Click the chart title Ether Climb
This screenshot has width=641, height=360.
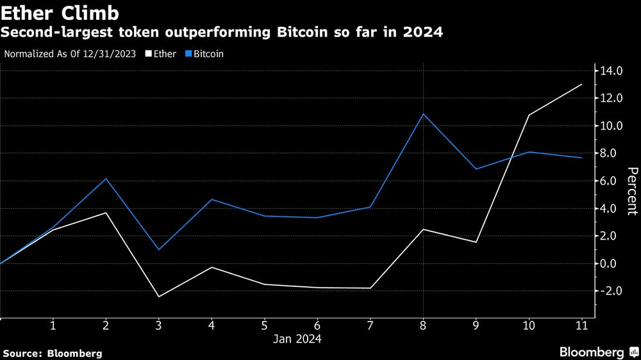coord(54,13)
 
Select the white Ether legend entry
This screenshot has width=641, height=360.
coord(161,54)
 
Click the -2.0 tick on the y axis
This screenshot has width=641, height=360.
coord(610,291)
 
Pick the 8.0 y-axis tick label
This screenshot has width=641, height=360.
coord(611,154)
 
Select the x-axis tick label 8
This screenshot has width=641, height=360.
coord(423,325)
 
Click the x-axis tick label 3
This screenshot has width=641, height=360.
coord(158,325)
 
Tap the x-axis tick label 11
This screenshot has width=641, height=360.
coord(581,325)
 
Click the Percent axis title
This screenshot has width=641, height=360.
coord(632,191)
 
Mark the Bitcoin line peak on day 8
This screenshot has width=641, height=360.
coord(423,114)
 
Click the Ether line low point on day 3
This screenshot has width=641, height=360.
coord(158,297)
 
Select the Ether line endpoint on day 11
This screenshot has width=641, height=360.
coord(581,85)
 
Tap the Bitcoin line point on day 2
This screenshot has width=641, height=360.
coord(106,179)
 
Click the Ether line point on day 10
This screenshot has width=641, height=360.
coord(529,115)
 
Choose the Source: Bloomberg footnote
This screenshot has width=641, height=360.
coord(53,353)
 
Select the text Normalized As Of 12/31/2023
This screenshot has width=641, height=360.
coord(70,54)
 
